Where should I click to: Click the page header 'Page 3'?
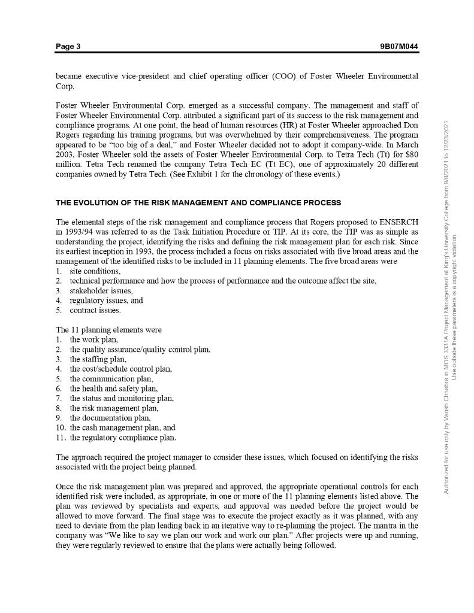click(x=68, y=47)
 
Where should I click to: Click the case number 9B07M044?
click(x=398, y=47)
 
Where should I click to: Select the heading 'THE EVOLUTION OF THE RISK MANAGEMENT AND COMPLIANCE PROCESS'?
click(x=198, y=202)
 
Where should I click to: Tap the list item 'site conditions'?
click(x=95, y=271)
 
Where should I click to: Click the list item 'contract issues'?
click(x=95, y=310)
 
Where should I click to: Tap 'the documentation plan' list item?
click(x=110, y=418)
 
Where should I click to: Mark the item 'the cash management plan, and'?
click(x=122, y=427)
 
